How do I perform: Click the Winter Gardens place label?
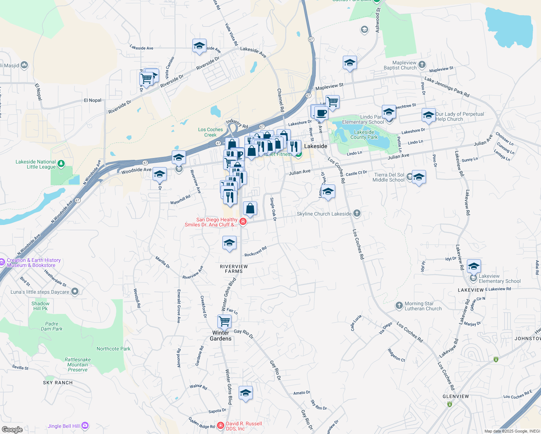(221, 336)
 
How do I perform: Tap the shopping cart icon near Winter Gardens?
(225, 321)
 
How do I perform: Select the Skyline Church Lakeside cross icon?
(357, 213)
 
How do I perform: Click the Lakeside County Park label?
(364, 135)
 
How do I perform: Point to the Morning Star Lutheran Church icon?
(399, 306)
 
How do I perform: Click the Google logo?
(12, 429)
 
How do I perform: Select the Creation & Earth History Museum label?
(34, 263)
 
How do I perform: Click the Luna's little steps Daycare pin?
(75, 292)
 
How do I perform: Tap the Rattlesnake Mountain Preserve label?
(78, 365)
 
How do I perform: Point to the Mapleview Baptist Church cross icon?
(422, 65)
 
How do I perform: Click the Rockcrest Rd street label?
(255, 251)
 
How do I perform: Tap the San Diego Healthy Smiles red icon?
(243, 222)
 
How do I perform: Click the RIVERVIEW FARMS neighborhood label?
(234, 269)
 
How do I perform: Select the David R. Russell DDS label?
(244, 426)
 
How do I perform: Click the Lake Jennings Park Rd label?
(447, 87)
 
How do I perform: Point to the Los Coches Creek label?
(210, 132)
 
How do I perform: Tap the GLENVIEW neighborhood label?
(456, 396)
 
